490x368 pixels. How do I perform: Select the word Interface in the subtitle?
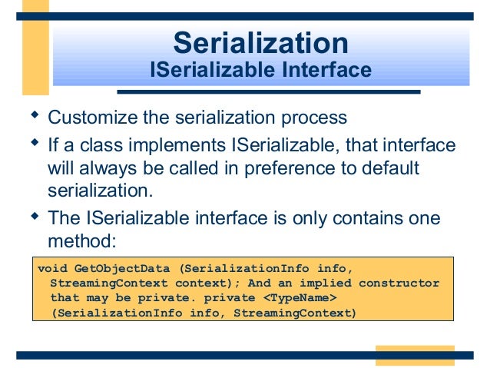[x=326, y=71]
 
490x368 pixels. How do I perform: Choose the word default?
[x=385, y=167]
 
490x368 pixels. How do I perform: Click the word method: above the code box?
[x=81, y=240]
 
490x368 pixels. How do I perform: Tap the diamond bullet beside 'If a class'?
[x=33, y=143]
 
